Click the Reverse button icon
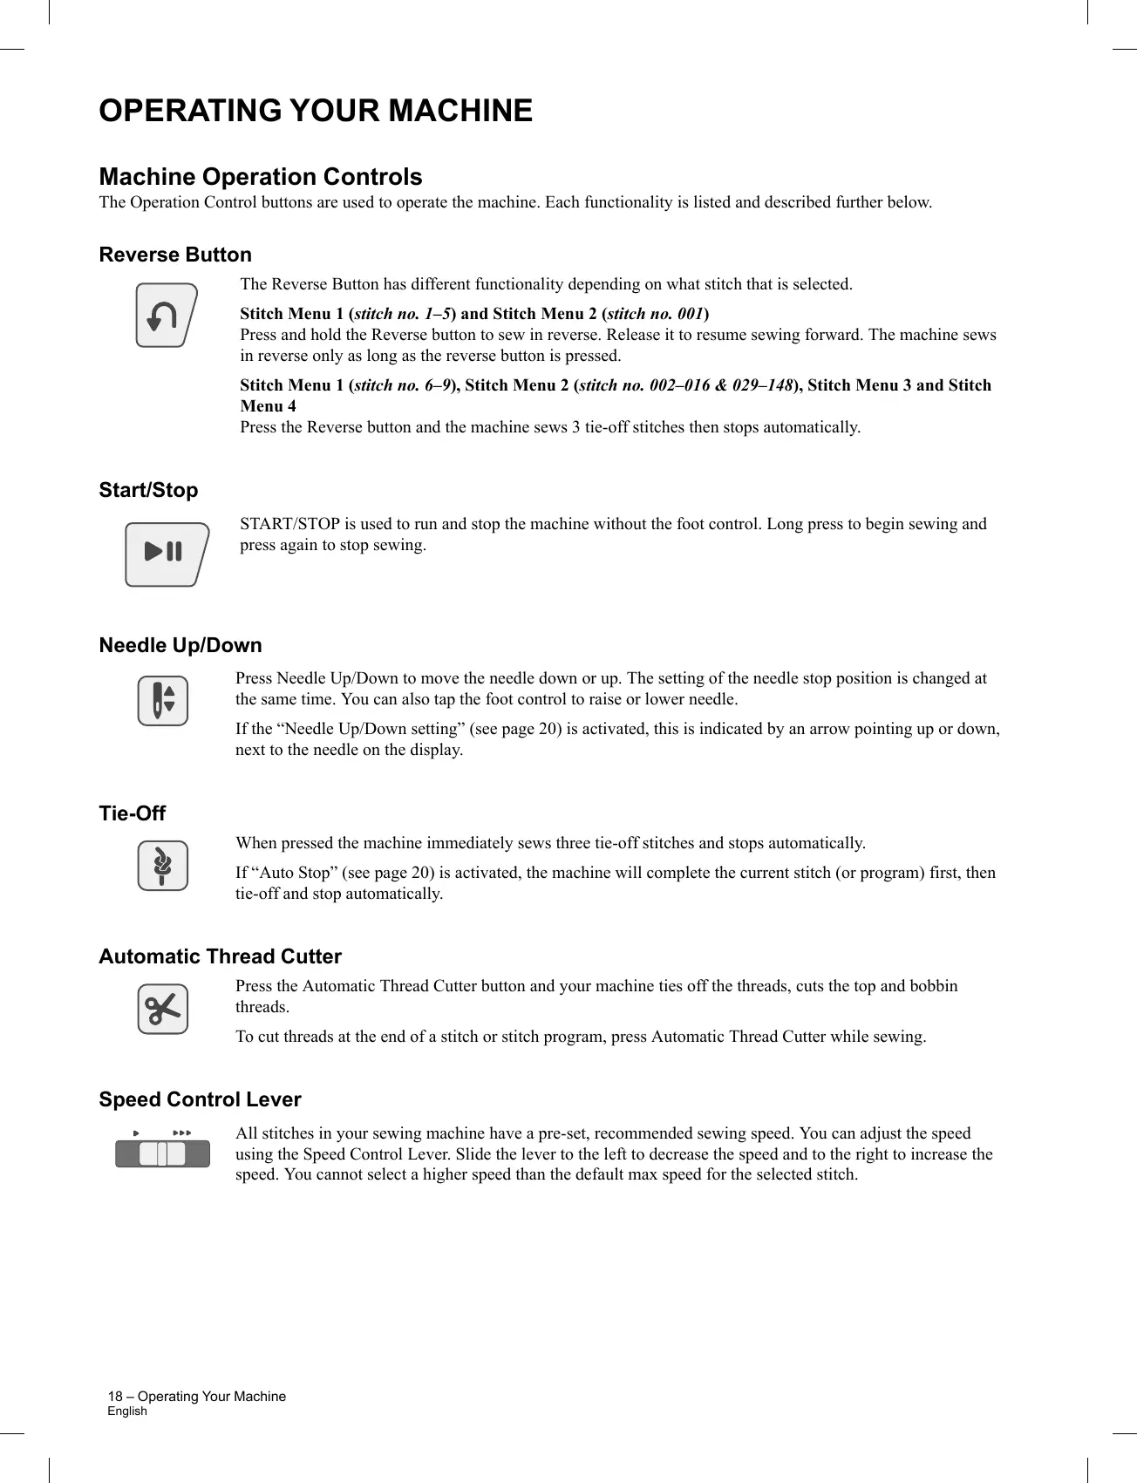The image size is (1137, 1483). [166, 316]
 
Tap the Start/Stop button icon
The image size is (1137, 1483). [166, 554]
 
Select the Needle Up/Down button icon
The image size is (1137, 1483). [163, 701]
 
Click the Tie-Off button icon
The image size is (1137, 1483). [163, 866]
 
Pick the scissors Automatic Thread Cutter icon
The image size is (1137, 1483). [163, 1010]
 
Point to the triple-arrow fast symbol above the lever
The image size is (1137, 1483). [181, 1133]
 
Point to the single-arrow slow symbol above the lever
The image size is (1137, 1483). [136, 1133]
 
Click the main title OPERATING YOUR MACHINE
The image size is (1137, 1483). [316, 111]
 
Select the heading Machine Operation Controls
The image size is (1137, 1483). [261, 177]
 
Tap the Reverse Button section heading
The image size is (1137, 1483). [175, 255]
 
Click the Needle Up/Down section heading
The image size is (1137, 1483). [180, 645]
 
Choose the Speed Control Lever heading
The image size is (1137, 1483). [200, 1099]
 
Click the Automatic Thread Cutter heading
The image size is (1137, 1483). [220, 956]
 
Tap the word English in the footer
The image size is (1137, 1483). [127, 1411]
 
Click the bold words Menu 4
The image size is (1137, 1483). [269, 406]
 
